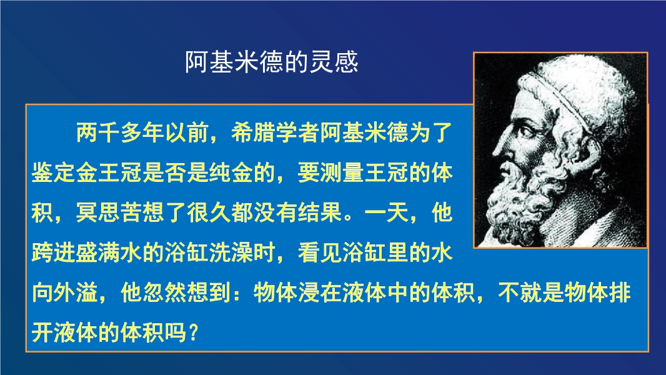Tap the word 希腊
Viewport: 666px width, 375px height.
click(x=253, y=133)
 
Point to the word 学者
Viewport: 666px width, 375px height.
click(x=297, y=133)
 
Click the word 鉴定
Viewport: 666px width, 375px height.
click(x=54, y=173)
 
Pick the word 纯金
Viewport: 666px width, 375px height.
click(x=231, y=173)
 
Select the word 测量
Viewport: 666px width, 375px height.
click(x=342, y=173)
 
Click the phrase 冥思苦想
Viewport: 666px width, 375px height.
click(x=120, y=212)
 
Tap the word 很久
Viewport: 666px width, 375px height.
click(x=209, y=212)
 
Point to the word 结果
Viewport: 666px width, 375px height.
click(x=320, y=212)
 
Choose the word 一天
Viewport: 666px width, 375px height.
click(x=385, y=212)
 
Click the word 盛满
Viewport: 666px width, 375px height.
click(x=97, y=252)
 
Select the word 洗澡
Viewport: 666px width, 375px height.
click(x=231, y=252)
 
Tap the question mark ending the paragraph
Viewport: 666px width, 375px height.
click(x=192, y=332)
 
